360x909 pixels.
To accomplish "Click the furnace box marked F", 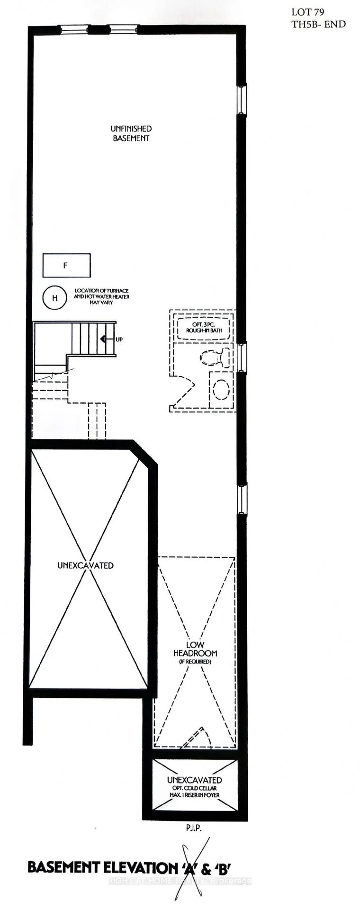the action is pyautogui.click(x=66, y=266).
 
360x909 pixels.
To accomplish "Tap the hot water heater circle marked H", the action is pyautogui.click(x=55, y=298).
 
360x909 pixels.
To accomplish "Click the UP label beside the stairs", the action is pyautogui.click(x=119, y=339).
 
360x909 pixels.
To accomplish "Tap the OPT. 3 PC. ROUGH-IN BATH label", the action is pyautogui.click(x=204, y=328).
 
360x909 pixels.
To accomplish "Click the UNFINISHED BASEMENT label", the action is pyautogui.click(x=131, y=133).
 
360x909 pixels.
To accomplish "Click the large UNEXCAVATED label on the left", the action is pyautogui.click(x=85, y=565).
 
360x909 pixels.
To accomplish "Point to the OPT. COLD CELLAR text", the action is pyautogui.click(x=194, y=788).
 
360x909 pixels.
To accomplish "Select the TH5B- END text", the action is pyautogui.click(x=319, y=24).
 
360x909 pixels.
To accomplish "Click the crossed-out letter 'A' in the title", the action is pyautogui.click(x=182, y=868).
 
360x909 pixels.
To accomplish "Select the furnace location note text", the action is pyautogui.click(x=101, y=297).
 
